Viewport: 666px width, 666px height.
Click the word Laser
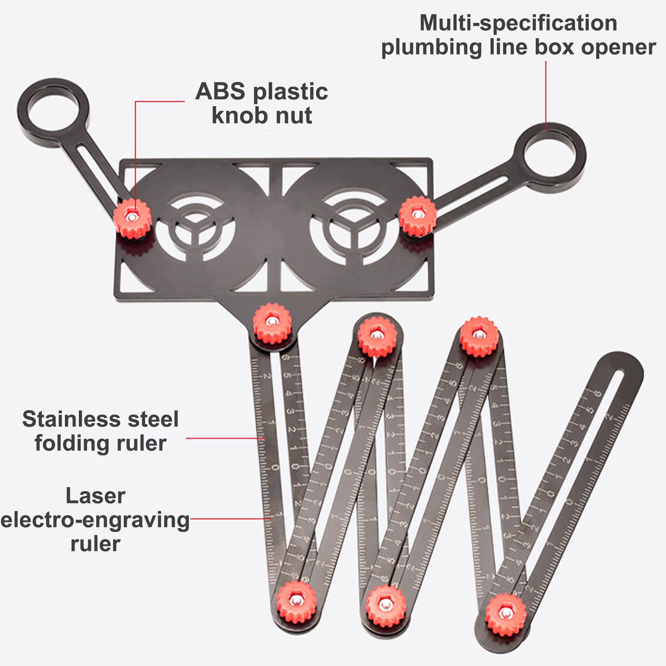96,496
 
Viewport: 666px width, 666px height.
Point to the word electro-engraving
95,520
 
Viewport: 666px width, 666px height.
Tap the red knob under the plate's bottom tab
272,323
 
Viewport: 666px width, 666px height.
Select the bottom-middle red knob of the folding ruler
386,606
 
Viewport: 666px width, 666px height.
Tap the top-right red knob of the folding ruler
479,336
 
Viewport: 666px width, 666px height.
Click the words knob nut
262,116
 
